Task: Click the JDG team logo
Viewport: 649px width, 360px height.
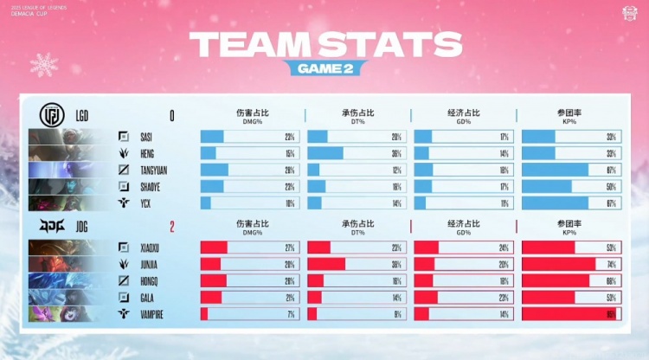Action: [x=51, y=227]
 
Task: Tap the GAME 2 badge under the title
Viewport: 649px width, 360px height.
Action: [x=324, y=67]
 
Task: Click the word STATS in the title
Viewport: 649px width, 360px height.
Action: [x=386, y=42]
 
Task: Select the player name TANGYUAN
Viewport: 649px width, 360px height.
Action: [x=157, y=170]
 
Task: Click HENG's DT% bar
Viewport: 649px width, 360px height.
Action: [x=356, y=153]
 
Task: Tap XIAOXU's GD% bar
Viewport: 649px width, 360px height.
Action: [x=463, y=247]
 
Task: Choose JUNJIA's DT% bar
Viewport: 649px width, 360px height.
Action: [x=356, y=264]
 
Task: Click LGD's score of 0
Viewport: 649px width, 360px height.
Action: [x=171, y=116]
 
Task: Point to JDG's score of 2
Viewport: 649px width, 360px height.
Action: [x=171, y=228]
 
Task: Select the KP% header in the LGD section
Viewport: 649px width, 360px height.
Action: [x=569, y=116]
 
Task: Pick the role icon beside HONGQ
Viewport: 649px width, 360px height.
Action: [x=125, y=281]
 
